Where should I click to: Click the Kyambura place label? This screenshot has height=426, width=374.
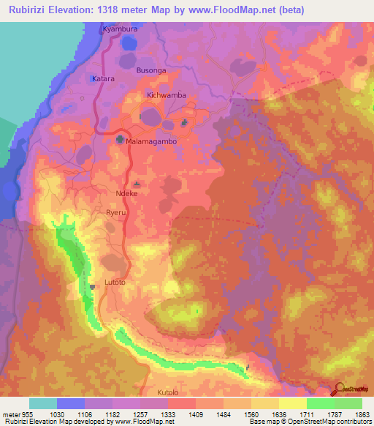tap(120, 29)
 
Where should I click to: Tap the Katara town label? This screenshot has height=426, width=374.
tap(104, 78)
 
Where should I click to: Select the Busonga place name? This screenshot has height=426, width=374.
tap(152, 70)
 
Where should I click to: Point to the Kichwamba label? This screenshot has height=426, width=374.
tap(167, 95)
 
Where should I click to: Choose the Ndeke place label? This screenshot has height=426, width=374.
tap(127, 193)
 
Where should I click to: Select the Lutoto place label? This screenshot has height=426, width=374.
tap(116, 282)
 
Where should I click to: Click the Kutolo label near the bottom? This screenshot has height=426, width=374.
tap(167, 392)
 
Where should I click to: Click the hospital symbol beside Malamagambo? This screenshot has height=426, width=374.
tap(120, 138)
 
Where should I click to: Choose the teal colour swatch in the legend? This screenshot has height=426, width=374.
tap(43, 403)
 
